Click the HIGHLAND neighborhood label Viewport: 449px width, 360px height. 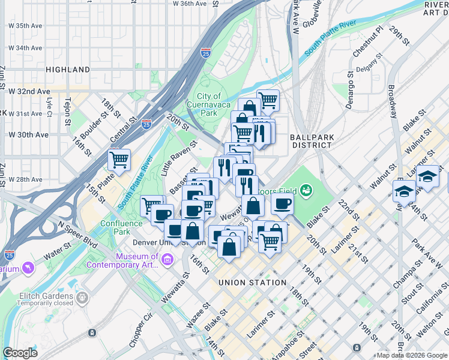click(67, 70)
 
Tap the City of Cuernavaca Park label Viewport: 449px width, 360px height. click(208, 104)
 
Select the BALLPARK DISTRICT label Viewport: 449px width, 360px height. click(312, 141)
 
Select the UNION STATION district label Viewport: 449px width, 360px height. click(252, 283)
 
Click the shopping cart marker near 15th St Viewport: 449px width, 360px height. click(119, 160)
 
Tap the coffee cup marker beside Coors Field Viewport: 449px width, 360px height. click(282, 204)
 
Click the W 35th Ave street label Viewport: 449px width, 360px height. click(25, 26)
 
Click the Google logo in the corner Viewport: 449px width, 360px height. click(20, 353)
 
